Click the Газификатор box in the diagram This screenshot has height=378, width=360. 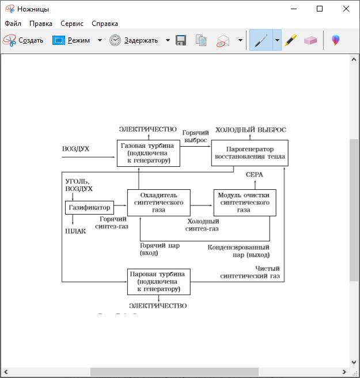[89, 207]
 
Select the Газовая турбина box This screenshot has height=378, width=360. [149, 153]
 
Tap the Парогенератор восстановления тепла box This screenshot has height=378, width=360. [249, 152]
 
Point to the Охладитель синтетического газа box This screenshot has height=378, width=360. [158, 203]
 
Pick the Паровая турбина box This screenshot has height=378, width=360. [158, 281]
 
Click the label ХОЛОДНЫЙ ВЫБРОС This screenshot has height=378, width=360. [251, 129]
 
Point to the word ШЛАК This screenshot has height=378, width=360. [75, 231]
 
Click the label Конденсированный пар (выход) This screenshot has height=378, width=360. [238, 251]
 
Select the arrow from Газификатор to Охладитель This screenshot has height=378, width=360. [119, 205]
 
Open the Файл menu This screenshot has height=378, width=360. [13, 24]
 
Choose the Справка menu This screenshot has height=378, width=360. [104, 24]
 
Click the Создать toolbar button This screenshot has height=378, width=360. [24, 40]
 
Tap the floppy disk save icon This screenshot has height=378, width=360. [181, 40]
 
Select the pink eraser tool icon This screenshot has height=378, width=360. [310, 40]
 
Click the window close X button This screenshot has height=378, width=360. [346, 9]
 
